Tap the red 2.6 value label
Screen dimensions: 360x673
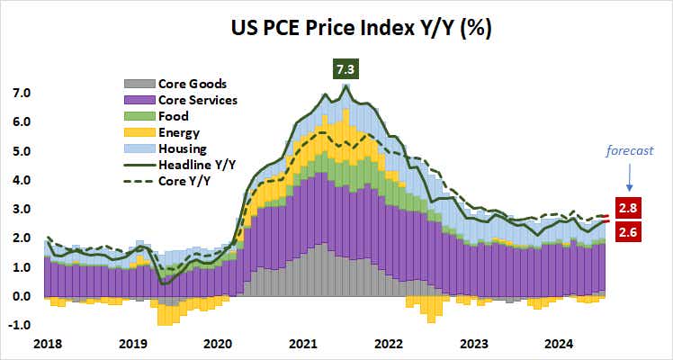click(x=627, y=231)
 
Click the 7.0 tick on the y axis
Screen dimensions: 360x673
click(x=21, y=93)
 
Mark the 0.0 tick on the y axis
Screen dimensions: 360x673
click(x=21, y=296)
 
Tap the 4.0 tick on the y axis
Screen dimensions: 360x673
click(x=21, y=180)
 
